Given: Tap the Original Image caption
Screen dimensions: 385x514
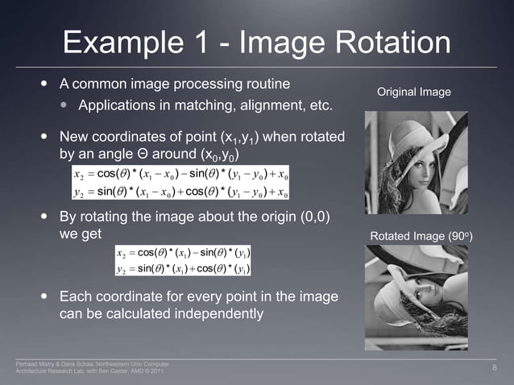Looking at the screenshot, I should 413,93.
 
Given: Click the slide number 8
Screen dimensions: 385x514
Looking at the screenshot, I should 495,368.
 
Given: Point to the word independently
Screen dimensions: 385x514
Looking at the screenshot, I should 217,313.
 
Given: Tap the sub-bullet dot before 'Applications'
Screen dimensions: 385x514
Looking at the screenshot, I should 64,106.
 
